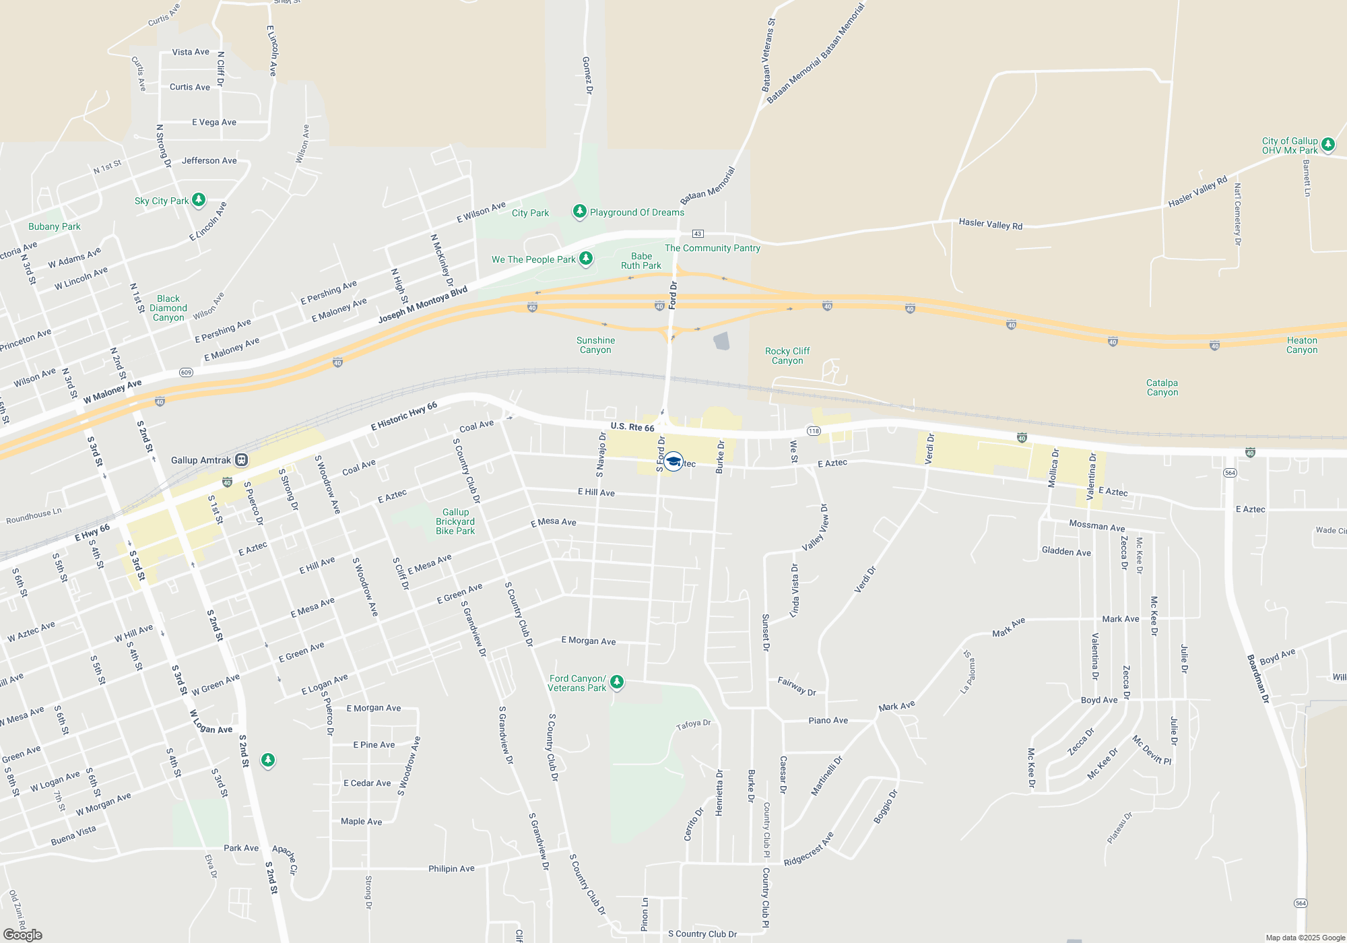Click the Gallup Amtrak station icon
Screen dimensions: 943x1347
(x=242, y=460)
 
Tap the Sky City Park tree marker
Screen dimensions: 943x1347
(x=199, y=200)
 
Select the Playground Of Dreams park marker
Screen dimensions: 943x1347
(x=579, y=212)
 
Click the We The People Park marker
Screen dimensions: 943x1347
(x=586, y=259)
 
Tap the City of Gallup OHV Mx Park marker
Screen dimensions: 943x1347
(x=1327, y=144)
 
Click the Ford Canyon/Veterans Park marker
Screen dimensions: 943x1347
(x=616, y=682)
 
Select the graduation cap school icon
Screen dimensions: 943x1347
(x=673, y=461)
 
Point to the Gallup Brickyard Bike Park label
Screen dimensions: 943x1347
(x=455, y=522)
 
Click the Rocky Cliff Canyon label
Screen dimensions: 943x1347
(x=787, y=356)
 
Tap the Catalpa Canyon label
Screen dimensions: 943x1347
(x=1162, y=387)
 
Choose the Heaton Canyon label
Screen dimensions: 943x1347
(x=1301, y=345)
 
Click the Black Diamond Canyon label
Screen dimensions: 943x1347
(x=168, y=308)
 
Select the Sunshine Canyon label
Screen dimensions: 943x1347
(x=595, y=345)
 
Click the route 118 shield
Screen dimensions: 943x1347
(x=814, y=431)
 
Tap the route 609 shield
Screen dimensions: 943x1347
(x=187, y=372)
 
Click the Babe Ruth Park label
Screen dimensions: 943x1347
(x=641, y=261)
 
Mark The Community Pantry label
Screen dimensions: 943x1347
(x=712, y=248)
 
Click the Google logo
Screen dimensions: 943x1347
(x=23, y=934)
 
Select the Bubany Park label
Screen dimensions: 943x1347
(x=54, y=226)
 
